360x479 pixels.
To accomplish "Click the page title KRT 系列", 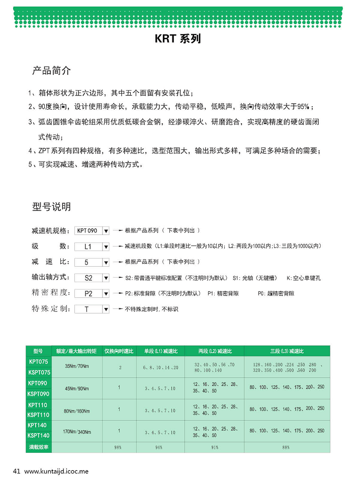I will tap(177, 39).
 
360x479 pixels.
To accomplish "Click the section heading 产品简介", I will tap(51, 70).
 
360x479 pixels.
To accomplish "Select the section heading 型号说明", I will tap(51, 207).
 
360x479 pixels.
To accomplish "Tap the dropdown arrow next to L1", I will tap(106, 247).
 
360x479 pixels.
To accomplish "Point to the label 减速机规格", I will tap(49, 231).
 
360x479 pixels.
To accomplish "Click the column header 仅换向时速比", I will tap(119, 351).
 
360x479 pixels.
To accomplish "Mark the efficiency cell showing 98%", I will tap(119, 447).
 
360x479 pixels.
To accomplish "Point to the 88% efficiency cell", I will tap(286, 447).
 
